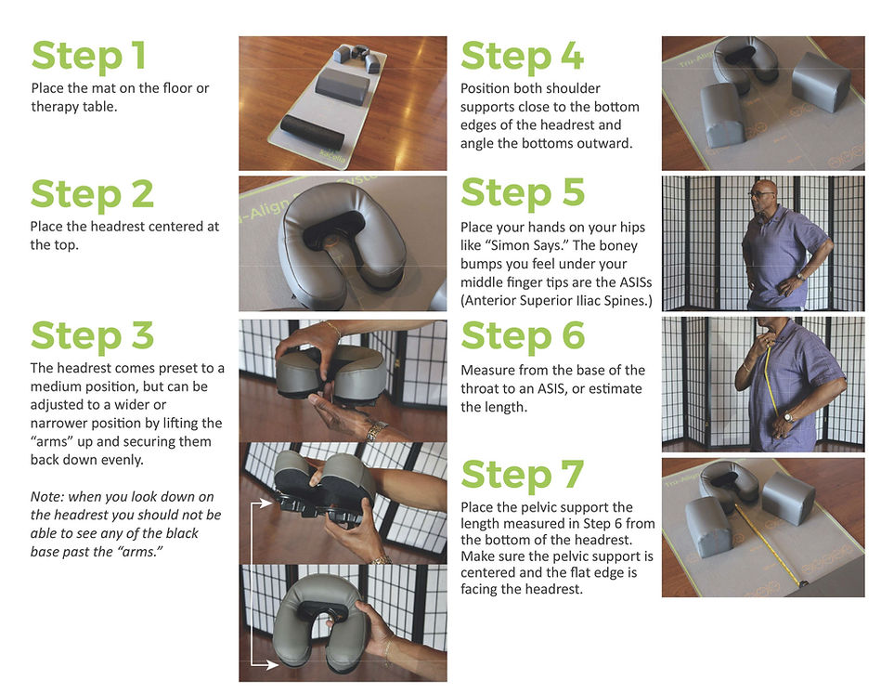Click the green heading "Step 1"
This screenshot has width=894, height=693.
pyautogui.click(x=88, y=56)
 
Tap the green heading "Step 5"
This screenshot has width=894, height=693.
pyautogui.click(x=523, y=192)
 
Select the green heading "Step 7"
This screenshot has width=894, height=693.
pyautogui.click(x=523, y=475)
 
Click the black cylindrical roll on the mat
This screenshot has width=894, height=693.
pyautogui.click(x=313, y=132)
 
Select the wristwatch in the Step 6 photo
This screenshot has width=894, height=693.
pyautogui.click(x=788, y=417)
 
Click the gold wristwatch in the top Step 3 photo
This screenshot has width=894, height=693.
pyautogui.click(x=376, y=431)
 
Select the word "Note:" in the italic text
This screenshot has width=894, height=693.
pyautogui.click(x=47, y=497)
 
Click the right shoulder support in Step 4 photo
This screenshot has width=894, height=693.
pyautogui.click(x=821, y=81)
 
